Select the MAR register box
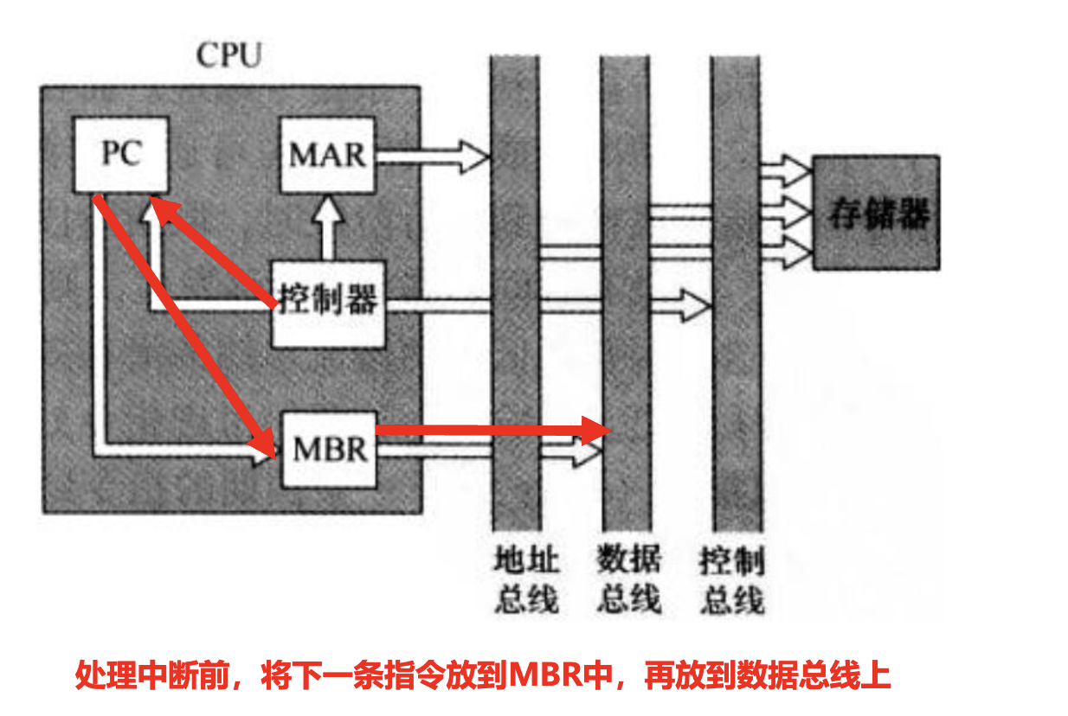[327, 156]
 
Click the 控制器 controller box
[328, 303]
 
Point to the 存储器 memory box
[876, 213]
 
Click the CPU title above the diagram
[228, 55]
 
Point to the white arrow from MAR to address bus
[433, 157]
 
